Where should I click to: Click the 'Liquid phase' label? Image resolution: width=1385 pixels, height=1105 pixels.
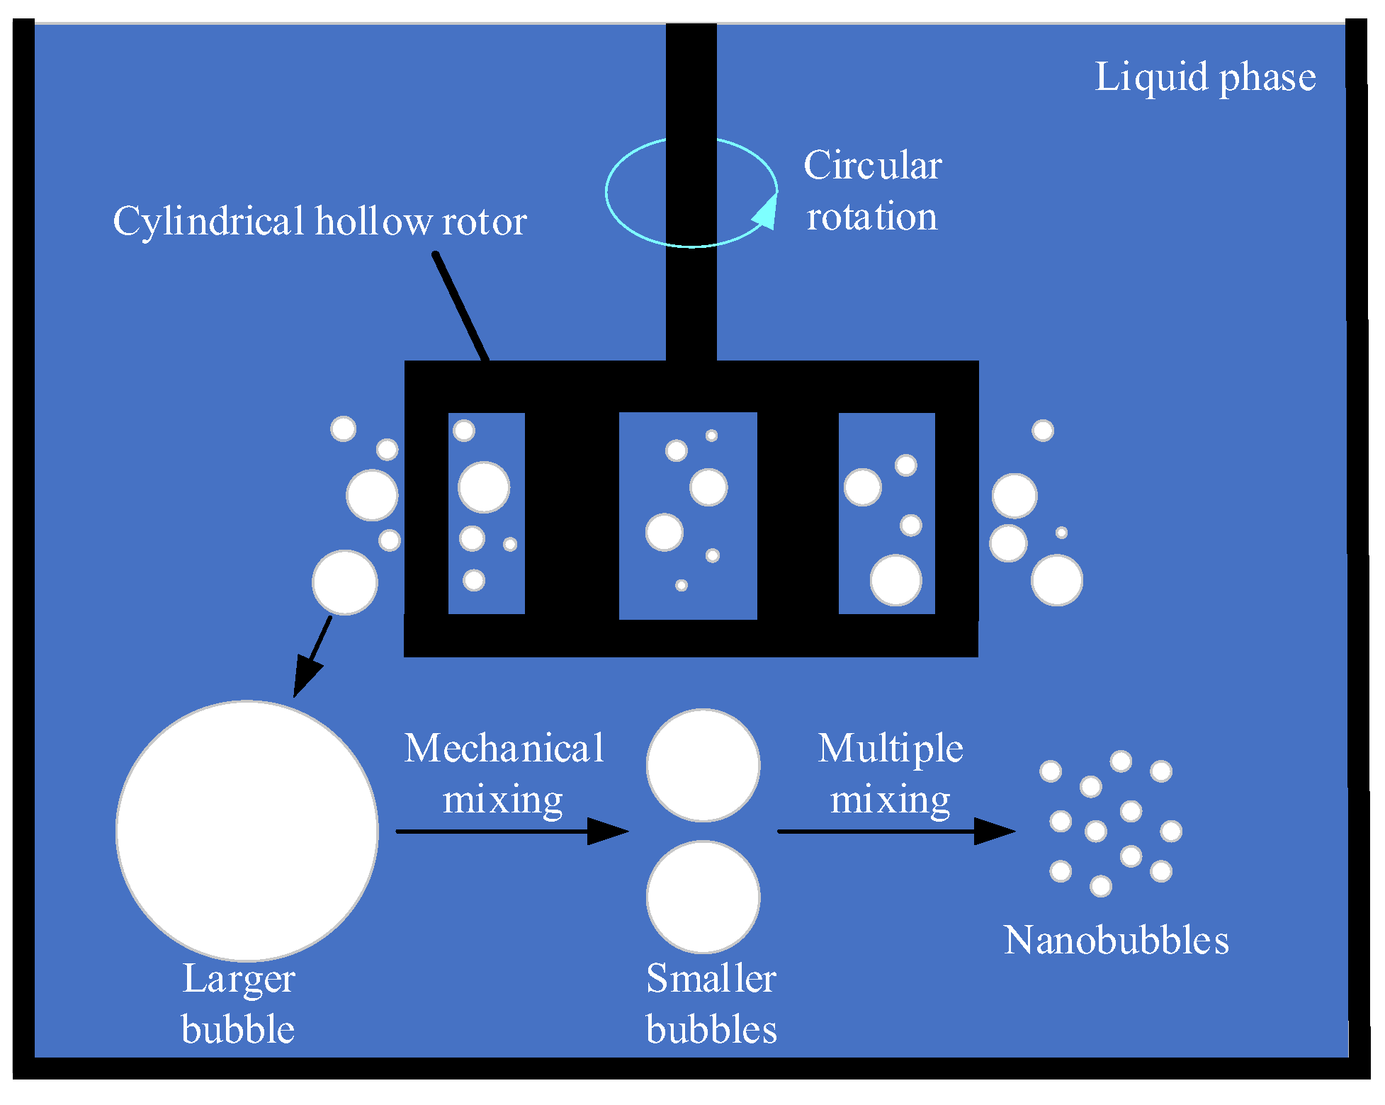pyautogui.click(x=1204, y=77)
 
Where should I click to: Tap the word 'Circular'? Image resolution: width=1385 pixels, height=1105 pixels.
pyautogui.click(x=872, y=166)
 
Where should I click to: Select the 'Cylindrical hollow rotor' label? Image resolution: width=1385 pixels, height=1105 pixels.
pyautogui.click(x=320, y=222)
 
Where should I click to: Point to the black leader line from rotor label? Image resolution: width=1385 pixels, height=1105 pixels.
pyautogui.click(x=461, y=306)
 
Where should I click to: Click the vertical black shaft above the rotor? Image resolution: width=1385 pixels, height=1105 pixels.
pyautogui.click(x=691, y=191)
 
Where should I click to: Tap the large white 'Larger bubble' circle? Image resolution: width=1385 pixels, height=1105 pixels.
pyautogui.click(x=247, y=830)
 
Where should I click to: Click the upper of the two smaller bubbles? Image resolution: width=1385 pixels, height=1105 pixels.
pyautogui.click(x=703, y=765)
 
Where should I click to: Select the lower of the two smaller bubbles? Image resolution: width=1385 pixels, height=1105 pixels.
pyautogui.click(x=703, y=897)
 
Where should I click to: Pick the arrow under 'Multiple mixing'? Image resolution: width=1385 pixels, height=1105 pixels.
pyautogui.click(x=895, y=831)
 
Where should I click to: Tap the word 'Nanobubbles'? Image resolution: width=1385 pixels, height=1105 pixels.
pyautogui.click(x=1116, y=941)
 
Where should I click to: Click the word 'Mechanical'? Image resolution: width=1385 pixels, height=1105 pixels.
pyautogui.click(x=504, y=749)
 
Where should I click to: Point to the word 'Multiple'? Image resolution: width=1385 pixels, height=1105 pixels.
pyautogui.click(x=891, y=749)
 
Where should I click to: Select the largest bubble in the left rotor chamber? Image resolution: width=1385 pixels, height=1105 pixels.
pyautogui.click(x=484, y=487)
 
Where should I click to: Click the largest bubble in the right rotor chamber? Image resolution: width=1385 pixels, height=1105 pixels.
pyautogui.click(x=895, y=580)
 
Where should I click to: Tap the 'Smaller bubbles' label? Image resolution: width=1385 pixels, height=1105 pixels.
pyautogui.click(x=711, y=1004)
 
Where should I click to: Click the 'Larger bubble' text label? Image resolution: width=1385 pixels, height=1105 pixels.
pyautogui.click(x=238, y=1004)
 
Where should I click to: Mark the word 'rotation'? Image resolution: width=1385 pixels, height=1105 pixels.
pyautogui.click(x=871, y=217)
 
